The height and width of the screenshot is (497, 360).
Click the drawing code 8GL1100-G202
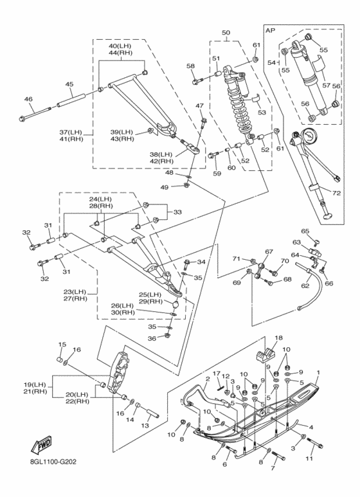click(51, 462)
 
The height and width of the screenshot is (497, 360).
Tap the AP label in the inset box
click(270, 30)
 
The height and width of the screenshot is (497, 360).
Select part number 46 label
click(28, 99)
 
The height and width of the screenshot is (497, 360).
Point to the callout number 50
click(226, 32)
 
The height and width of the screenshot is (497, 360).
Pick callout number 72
click(336, 193)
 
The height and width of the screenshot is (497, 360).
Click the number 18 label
click(278, 338)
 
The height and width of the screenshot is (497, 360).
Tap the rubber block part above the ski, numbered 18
click(265, 354)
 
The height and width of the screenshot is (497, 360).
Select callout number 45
click(69, 84)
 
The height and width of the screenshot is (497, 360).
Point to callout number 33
click(177, 212)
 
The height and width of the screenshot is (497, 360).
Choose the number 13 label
click(145, 426)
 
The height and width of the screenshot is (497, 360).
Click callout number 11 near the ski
click(309, 458)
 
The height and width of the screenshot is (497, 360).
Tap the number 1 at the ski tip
click(318, 372)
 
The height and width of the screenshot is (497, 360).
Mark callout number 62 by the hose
click(305, 286)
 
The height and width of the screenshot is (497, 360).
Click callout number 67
click(269, 251)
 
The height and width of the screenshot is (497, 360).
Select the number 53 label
click(262, 113)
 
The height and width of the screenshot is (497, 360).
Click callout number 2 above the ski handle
click(208, 379)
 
